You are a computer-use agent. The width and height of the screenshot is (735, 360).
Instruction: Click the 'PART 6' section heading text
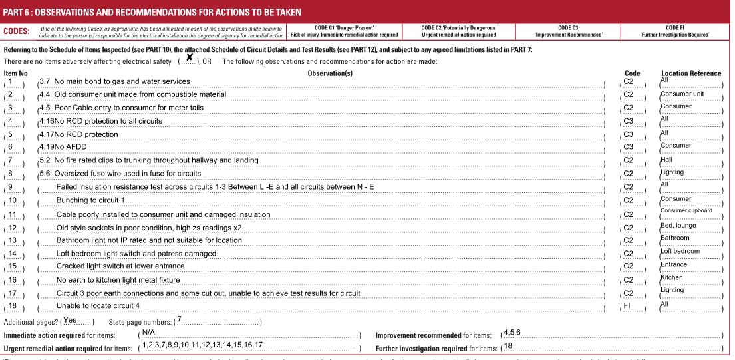pos(152,12)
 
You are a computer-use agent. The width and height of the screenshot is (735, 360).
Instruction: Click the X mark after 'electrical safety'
pos(190,58)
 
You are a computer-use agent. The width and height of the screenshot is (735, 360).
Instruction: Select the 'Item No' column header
pos(16,73)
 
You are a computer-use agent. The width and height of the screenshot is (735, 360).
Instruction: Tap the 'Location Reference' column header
pos(690,73)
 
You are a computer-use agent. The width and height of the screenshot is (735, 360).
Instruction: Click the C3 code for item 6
pos(629,147)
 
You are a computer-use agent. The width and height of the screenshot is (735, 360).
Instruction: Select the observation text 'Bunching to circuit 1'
pos(90,200)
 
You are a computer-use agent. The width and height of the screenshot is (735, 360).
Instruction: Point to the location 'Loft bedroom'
pos(680,251)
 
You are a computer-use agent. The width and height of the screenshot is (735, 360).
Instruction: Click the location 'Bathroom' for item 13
pos(674,238)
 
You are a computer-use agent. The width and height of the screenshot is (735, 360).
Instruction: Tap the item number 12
pos(13,227)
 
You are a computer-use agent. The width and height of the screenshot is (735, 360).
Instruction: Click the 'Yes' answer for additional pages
pos(70,320)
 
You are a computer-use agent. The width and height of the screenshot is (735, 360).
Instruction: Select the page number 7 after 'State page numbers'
pos(179,319)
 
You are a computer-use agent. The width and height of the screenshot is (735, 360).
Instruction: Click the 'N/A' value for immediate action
pos(148,332)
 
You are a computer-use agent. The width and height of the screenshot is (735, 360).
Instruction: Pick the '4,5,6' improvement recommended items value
pos(512,332)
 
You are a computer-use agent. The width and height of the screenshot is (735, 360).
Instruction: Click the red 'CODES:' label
pos(16,31)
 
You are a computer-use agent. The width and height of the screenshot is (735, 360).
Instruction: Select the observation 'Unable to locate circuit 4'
pos(98,306)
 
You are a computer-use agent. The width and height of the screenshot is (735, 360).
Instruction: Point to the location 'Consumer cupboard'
pos(686,210)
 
